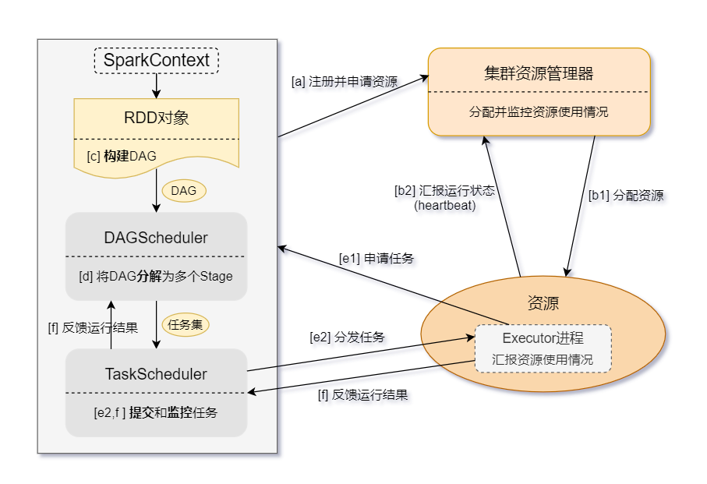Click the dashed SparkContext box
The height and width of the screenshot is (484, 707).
click(x=157, y=60)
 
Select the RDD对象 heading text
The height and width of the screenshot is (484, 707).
click(x=157, y=118)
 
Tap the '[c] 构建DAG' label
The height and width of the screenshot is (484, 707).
click(x=122, y=156)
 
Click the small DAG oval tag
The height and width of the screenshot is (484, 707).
click(x=184, y=190)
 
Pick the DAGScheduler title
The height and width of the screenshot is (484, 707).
click(x=156, y=238)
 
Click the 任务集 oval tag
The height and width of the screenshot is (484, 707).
click(x=186, y=324)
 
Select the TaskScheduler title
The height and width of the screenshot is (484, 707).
click(x=156, y=374)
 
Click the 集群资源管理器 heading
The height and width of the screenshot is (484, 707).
click(x=539, y=74)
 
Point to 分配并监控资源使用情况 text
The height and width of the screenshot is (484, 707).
click(x=539, y=111)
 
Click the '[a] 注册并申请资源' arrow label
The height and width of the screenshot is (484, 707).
click(x=345, y=81)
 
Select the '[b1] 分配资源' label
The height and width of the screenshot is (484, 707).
click(x=626, y=196)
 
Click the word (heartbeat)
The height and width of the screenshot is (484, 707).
click(x=444, y=206)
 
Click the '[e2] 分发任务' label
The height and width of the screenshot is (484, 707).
click(x=347, y=337)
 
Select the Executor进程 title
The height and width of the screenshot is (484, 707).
click(x=543, y=338)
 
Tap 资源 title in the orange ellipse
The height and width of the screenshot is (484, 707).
click(x=543, y=303)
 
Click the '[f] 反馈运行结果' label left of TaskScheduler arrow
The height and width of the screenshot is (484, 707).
click(x=93, y=327)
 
